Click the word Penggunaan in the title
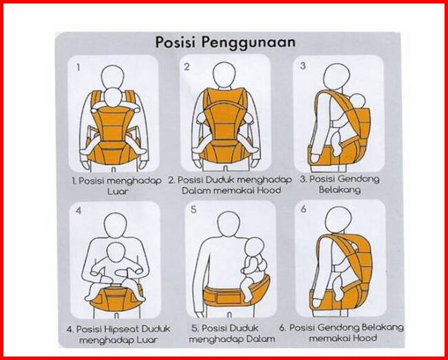(x=248, y=43)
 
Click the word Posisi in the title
(x=176, y=42)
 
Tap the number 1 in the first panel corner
(x=78, y=68)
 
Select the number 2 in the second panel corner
(x=187, y=67)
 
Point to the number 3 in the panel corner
(x=303, y=66)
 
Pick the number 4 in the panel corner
(x=79, y=211)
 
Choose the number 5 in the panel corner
(x=194, y=210)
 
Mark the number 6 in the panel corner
(x=303, y=209)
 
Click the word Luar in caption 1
(x=118, y=191)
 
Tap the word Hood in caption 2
(x=269, y=190)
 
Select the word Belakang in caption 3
(x=340, y=190)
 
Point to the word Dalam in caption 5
(x=259, y=339)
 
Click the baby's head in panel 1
(x=112, y=98)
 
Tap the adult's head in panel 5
(x=228, y=224)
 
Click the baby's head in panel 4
(x=116, y=252)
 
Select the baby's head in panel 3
(x=358, y=101)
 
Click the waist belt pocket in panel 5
(x=228, y=297)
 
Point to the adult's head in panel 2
(x=224, y=74)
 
